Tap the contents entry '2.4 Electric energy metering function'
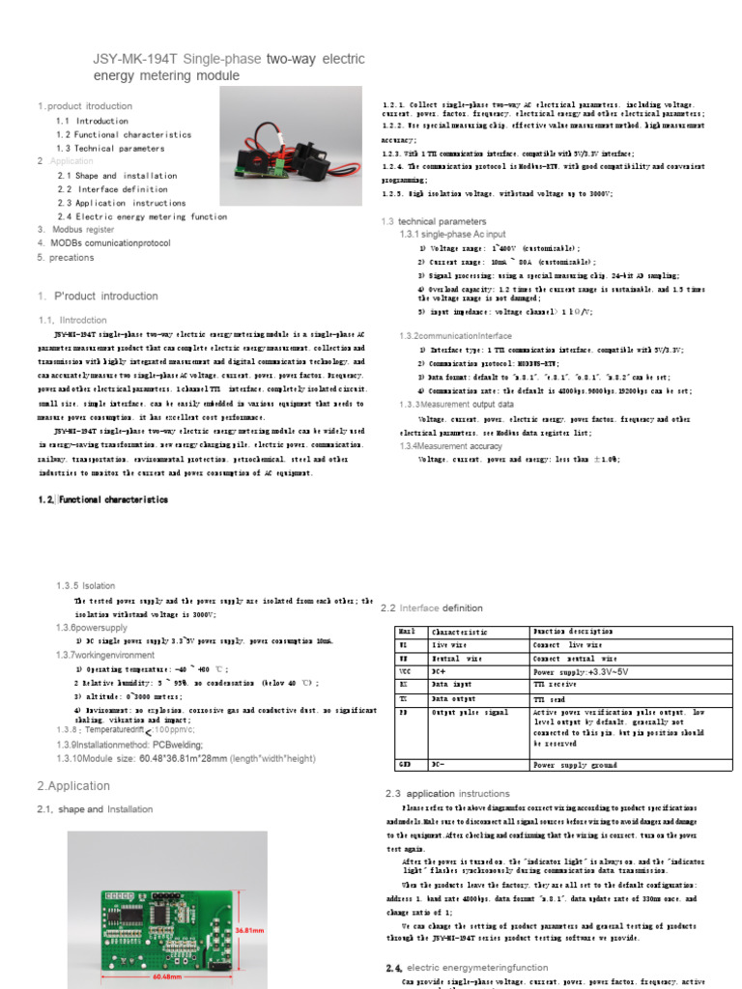coord(142,216)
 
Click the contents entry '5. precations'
coord(66,258)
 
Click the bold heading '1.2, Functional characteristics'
coord(103,499)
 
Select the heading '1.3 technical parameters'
coord(434,221)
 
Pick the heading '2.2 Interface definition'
coord(432,608)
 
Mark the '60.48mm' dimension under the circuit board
coord(165,975)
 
